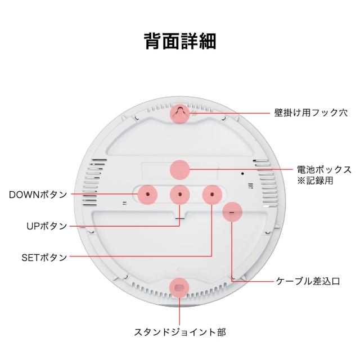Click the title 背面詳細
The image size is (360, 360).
180,42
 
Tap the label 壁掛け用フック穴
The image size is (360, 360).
310,112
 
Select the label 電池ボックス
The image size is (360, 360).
324,169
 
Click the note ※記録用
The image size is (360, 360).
315,181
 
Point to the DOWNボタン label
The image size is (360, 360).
38,195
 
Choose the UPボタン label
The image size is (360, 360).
47,226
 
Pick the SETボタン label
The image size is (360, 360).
44,258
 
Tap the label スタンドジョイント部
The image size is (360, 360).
180,332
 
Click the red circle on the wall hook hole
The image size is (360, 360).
180,112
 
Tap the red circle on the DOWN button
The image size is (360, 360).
147,193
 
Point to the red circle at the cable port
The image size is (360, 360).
232,213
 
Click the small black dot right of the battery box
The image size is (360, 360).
242,173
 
